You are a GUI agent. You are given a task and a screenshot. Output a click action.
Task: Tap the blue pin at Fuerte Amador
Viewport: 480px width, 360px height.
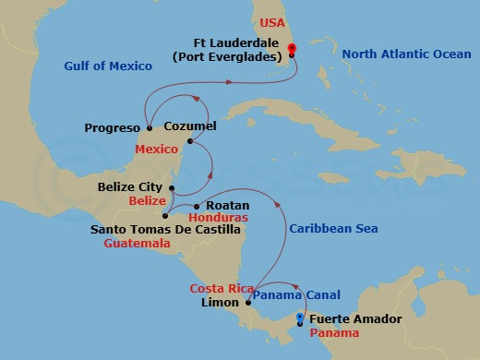(x=300, y=319)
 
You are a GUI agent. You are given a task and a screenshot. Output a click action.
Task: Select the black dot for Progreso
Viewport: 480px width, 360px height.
(x=149, y=128)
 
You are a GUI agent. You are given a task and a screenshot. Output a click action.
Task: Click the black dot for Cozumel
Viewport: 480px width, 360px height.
(x=190, y=141)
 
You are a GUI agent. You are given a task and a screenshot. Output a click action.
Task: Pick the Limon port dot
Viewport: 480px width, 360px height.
(x=248, y=302)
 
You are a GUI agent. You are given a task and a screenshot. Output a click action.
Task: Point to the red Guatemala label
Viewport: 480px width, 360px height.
(x=138, y=244)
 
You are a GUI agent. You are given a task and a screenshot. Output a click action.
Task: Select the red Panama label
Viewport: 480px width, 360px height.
(x=330, y=333)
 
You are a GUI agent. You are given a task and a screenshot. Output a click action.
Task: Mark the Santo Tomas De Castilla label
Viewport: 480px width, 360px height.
(x=165, y=229)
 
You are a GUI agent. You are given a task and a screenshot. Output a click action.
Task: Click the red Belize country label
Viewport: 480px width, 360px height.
(x=147, y=201)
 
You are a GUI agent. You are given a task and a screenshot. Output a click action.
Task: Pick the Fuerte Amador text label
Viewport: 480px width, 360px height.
(x=355, y=319)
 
